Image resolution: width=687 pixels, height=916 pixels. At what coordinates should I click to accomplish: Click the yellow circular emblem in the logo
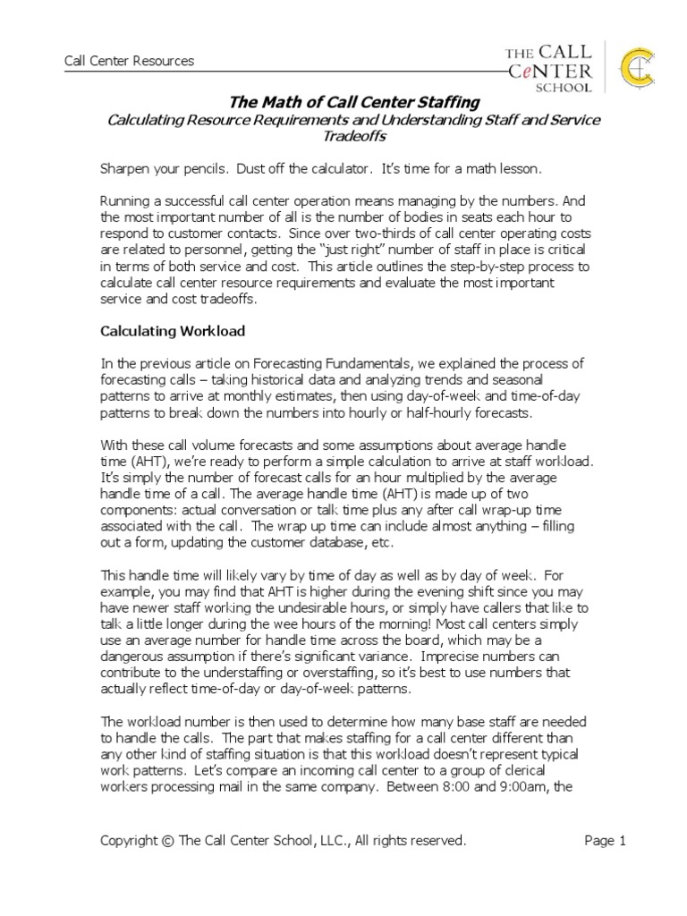[x=631, y=68]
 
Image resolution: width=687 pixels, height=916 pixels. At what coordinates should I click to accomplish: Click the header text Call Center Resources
[x=129, y=62]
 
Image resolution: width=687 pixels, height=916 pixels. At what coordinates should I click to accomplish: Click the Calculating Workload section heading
[x=172, y=331]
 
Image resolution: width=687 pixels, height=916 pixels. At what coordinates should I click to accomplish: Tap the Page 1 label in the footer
[x=606, y=841]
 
